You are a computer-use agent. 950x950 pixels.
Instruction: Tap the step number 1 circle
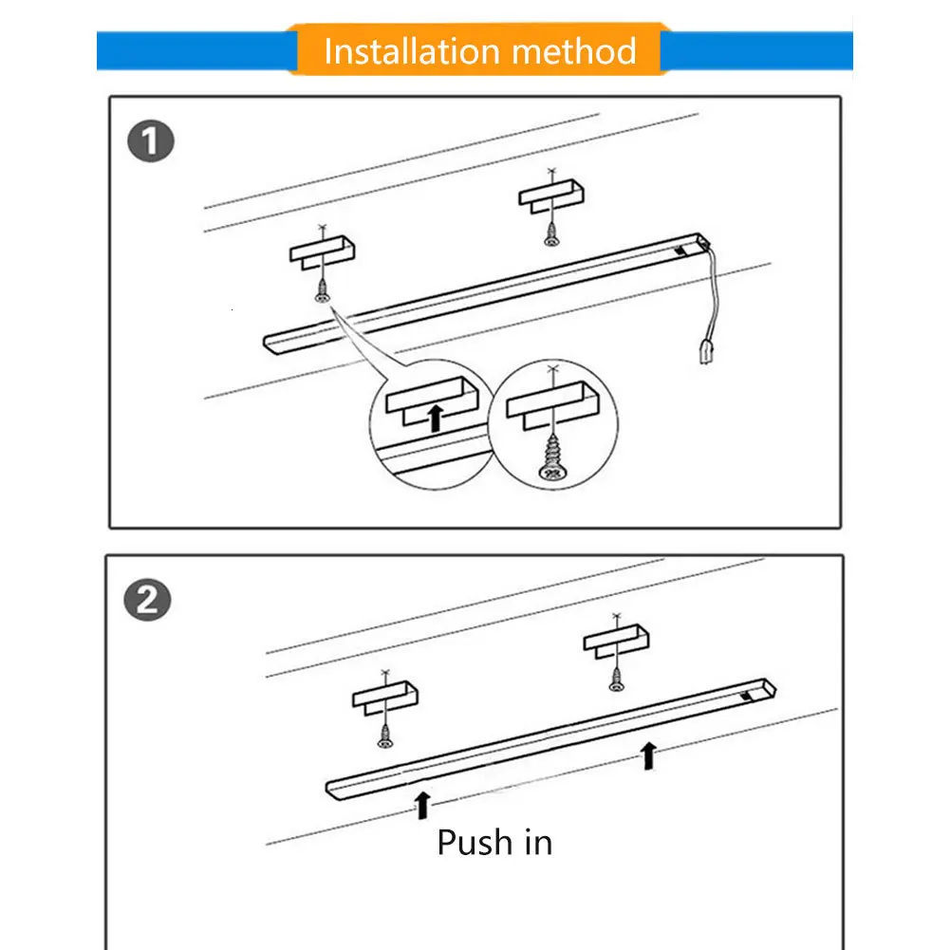click(150, 144)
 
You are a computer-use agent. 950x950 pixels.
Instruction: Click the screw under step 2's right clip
click(615, 677)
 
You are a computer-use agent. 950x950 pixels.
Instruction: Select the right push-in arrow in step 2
click(649, 755)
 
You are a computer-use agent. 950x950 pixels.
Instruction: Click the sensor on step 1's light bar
click(682, 251)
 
